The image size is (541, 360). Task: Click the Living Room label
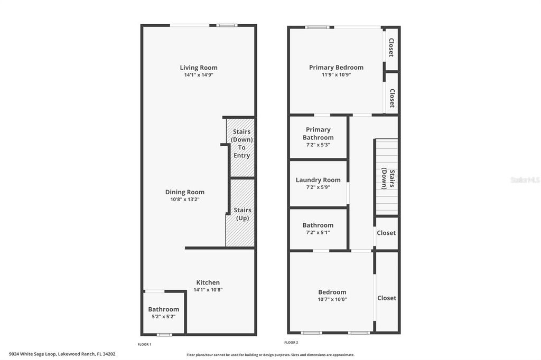198,68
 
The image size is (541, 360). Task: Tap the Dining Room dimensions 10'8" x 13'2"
184,200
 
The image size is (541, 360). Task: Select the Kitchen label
208,282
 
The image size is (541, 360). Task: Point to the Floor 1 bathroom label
163,309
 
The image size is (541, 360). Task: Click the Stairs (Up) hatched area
242,213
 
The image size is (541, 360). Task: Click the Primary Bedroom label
336,68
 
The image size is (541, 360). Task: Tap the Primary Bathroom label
318,134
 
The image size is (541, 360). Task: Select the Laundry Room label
318,180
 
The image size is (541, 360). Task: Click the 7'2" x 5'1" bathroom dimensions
318,232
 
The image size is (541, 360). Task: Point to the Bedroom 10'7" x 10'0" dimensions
332,299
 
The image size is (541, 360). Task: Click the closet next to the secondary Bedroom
386,298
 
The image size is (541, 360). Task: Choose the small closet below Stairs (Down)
386,233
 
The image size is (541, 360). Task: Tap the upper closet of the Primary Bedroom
391,48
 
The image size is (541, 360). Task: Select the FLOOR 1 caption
144,344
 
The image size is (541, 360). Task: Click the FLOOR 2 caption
292,343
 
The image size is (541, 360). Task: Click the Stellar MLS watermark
525,180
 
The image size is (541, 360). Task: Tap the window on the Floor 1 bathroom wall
164,334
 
